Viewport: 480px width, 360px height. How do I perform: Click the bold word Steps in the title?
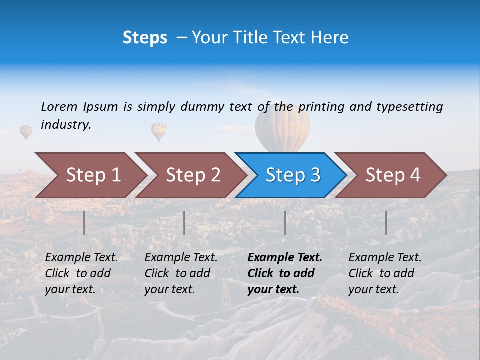point(145,38)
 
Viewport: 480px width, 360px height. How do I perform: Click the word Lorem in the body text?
point(59,106)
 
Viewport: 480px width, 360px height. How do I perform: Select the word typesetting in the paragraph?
point(409,107)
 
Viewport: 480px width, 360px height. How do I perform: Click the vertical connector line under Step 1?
point(84,223)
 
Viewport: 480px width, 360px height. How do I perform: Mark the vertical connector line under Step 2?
point(184,223)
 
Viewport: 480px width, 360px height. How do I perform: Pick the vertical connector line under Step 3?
point(285,223)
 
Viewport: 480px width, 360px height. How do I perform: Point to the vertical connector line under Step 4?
point(386,223)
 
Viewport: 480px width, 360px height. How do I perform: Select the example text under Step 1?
point(81,273)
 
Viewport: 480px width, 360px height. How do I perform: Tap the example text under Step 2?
point(181,273)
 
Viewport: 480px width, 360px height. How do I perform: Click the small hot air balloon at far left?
point(26,132)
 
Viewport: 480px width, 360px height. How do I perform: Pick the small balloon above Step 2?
point(159,131)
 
